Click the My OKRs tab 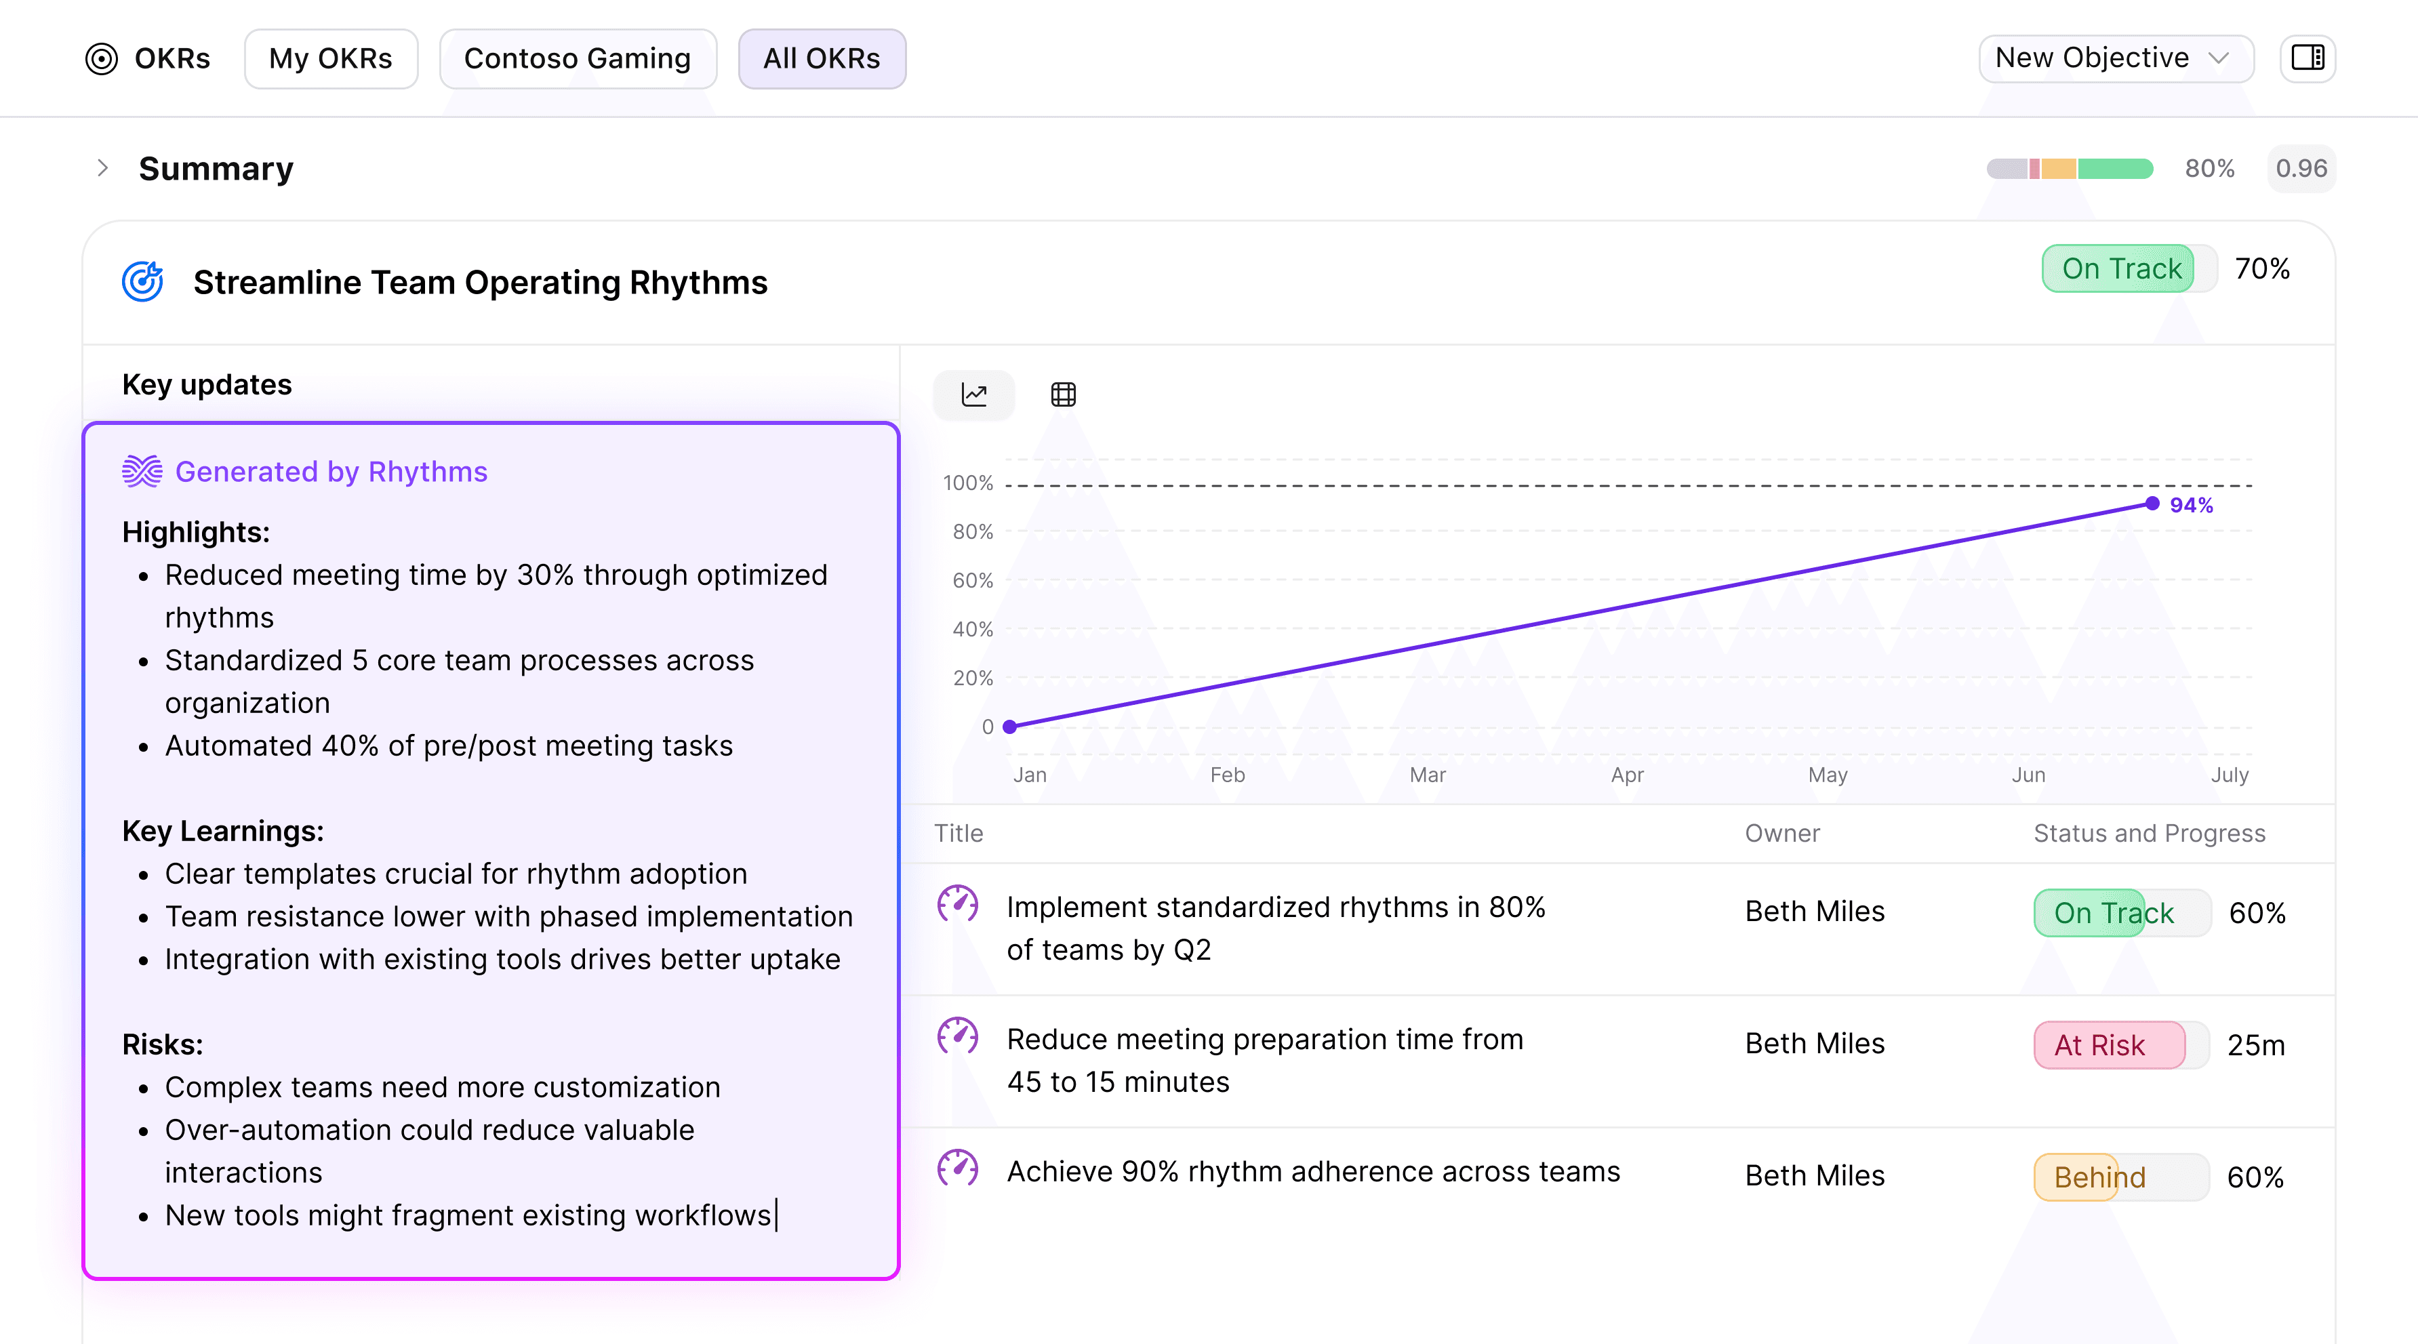click(x=330, y=58)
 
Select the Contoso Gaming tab click(x=578, y=58)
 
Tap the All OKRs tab click(x=822, y=58)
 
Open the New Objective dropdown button click(x=2115, y=58)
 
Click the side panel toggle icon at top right click(x=2308, y=58)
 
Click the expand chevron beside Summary click(x=103, y=168)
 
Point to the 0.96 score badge click(x=2301, y=169)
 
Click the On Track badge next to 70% click(x=2120, y=268)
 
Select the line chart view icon click(x=973, y=394)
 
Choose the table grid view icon click(x=1062, y=394)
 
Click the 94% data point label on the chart click(x=2191, y=505)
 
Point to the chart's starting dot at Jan click(x=1010, y=727)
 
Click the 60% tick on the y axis click(x=973, y=580)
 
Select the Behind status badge click(x=2099, y=1177)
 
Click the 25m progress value click(x=2255, y=1044)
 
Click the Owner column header click(x=1781, y=834)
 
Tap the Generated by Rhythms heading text click(x=331, y=471)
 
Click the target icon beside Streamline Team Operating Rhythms click(x=142, y=281)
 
